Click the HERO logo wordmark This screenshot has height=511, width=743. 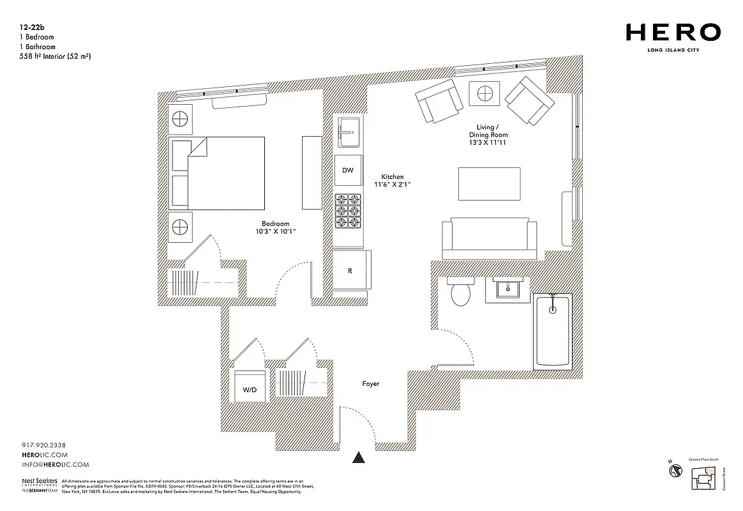pyautogui.click(x=673, y=32)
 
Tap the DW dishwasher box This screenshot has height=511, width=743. pyautogui.click(x=348, y=171)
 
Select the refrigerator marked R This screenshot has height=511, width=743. pyautogui.click(x=350, y=270)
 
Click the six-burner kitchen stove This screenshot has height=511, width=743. pyautogui.click(x=349, y=211)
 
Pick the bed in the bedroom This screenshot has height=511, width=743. pyautogui.click(x=218, y=173)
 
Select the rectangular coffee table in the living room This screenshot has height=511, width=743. pyautogui.click(x=489, y=184)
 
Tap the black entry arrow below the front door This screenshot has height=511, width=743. pyautogui.click(x=359, y=457)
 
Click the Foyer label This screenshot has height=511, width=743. pyautogui.click(x=370, y=384)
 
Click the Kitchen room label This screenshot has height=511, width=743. pyautogui.click(x=393, y=177)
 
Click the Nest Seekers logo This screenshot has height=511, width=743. pyautogui.click(x=40, y=483)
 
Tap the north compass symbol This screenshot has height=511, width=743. pyautogui.click(x=673, y=471)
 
